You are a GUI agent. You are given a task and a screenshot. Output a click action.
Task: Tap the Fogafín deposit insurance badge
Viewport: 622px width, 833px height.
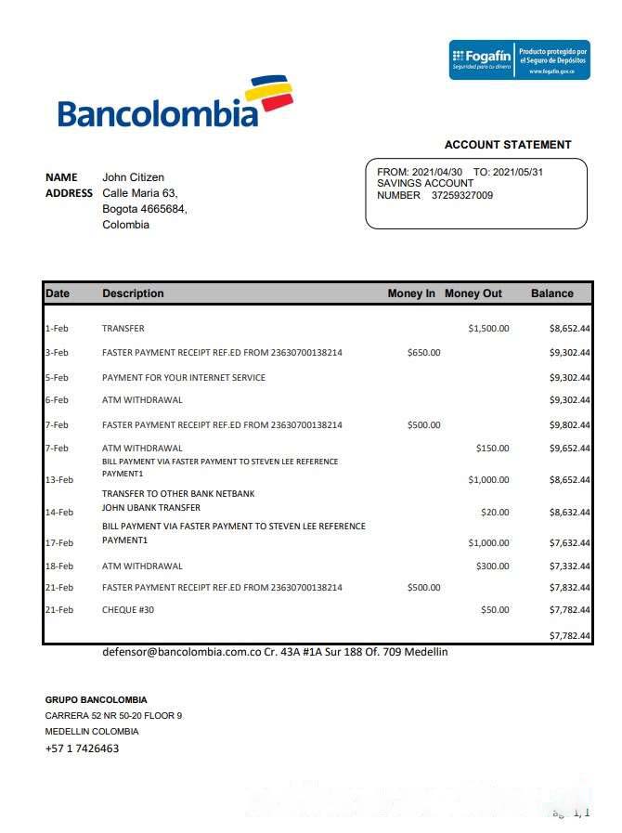(519, 59)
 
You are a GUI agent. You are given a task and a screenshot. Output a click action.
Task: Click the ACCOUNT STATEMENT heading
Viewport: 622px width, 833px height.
(508, 145)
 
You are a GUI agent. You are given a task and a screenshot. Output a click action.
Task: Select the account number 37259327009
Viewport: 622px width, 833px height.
(462, 196)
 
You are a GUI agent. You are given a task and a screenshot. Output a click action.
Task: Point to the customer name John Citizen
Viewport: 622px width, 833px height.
(133, 177)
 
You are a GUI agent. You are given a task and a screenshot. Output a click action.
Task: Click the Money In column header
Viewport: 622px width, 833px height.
(411, 293)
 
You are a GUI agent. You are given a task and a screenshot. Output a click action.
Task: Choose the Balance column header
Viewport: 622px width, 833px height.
(552, 293)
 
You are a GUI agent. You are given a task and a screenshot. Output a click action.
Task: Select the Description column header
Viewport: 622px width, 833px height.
(133, 293)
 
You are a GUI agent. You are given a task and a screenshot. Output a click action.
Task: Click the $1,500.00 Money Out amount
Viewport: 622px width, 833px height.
(488, 329)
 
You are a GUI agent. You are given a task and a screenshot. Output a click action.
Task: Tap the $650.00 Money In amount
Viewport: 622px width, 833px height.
(423, 353)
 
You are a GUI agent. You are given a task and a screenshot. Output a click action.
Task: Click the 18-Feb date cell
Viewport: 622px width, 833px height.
(58, 566)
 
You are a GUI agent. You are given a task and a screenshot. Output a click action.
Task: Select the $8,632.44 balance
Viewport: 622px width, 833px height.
(570, 513)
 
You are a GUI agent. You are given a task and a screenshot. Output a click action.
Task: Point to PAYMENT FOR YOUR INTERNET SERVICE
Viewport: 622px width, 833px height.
(184, 378)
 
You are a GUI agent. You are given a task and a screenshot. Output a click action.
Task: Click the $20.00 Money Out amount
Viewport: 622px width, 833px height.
(495, 513)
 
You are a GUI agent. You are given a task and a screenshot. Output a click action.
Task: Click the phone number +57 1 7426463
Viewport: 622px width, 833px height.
(82, 748)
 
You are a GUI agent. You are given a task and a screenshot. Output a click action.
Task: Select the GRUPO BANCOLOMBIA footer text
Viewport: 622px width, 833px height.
(96, 700)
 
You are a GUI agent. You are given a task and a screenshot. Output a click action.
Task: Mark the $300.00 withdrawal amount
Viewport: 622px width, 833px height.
(492, 566)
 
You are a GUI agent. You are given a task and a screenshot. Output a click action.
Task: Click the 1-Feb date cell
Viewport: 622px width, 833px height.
(57, 329)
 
